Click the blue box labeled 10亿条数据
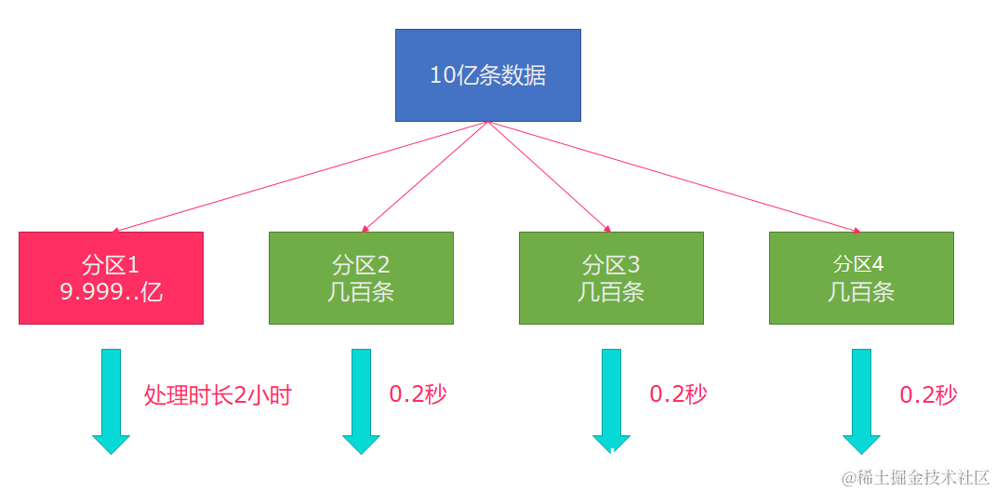487,74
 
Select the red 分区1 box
111,277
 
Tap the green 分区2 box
361,277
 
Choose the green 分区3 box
611,277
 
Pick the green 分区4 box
861,277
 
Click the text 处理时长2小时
218,395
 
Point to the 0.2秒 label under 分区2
418,393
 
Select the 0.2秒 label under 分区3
678,393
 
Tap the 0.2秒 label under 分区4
928,394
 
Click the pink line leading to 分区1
298,177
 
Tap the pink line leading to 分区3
549,177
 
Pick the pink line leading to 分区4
674,177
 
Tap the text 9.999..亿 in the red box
111,292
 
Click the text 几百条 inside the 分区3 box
611,292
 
